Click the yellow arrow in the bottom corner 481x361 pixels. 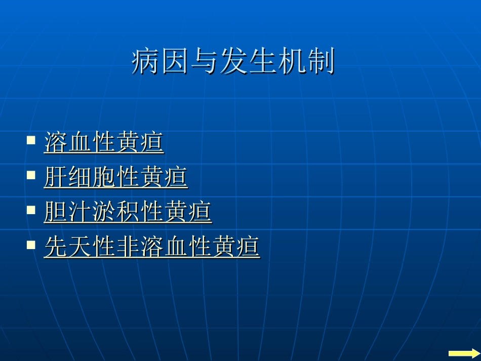tap(463, 353)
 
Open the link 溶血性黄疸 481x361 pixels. tap(104, 142)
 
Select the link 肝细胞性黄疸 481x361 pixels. tap(116, 177)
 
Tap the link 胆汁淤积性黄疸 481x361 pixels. tap(128, 212)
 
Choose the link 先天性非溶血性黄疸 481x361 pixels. tap(152, 247)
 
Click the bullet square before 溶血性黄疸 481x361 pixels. tap(31, 139)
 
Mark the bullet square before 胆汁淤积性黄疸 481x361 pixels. tap(31, 209)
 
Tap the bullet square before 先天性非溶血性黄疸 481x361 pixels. tap(31, 244)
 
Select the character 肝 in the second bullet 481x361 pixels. tap(56, 177)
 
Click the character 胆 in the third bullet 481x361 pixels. tap(56, 212)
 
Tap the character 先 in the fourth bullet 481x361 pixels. tap(56, 247)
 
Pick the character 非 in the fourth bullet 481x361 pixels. tap(128, 247)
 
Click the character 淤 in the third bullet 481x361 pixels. tap(104, 212)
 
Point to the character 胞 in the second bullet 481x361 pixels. tap(104, 177)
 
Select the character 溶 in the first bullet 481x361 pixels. tap(56, 142)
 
